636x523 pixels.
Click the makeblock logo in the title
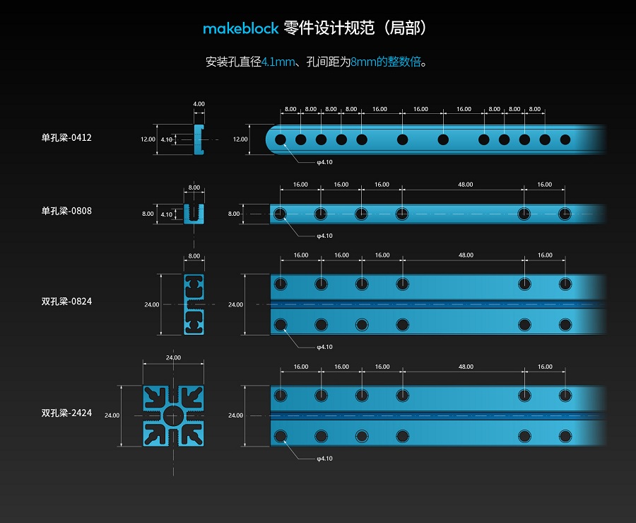point(240,28)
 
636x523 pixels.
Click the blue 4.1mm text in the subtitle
point(278,62)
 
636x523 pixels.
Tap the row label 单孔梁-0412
point(66,138)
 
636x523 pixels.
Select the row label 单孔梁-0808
point(66,211)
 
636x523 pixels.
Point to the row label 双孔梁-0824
point(66,301)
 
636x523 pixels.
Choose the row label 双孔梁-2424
point(66,413)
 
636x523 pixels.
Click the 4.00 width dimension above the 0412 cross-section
point(199,104)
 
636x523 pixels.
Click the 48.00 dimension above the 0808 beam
point(465,184)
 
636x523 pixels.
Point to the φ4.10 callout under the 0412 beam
point(324,162)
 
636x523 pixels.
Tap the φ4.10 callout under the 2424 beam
point(324,459)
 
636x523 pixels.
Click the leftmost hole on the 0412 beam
point(281,139)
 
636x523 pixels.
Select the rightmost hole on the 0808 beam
point(565,214)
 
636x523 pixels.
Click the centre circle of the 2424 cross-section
point(174,416)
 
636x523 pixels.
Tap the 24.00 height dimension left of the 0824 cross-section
point(152,304)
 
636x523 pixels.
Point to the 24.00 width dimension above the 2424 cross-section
point(173,357)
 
